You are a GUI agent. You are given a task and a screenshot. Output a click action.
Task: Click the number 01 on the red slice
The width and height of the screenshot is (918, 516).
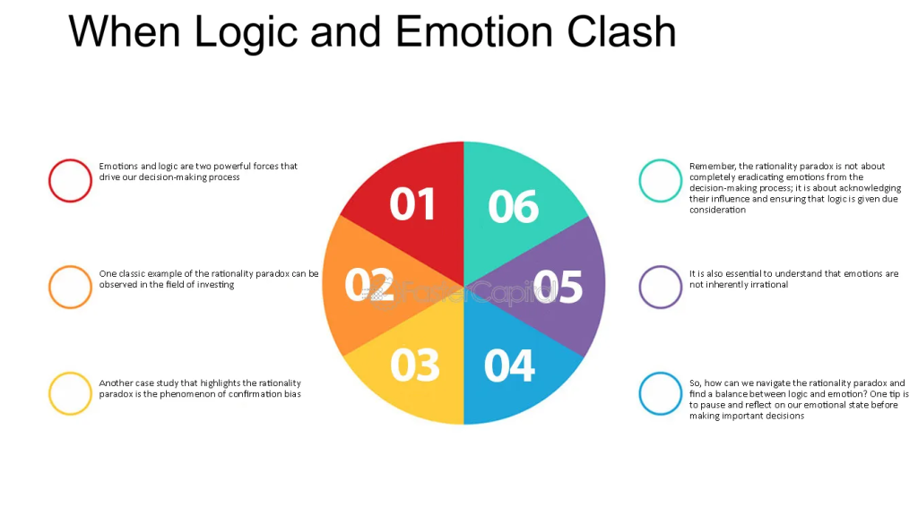click(412, 204)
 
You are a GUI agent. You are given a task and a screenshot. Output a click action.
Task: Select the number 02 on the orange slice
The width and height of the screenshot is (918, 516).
click(369, 285)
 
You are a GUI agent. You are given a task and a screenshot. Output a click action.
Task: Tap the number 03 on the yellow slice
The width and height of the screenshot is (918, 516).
click(415, 365)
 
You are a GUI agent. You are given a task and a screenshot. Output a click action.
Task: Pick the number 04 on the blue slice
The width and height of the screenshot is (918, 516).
click(509, 365)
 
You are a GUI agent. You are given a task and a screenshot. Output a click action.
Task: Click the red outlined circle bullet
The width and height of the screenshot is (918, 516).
click(70, 180)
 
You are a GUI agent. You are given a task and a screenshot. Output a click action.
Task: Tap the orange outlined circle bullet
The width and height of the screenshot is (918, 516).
click(70, 287)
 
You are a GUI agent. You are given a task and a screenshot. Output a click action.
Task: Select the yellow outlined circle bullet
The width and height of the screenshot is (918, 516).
click(70, 393)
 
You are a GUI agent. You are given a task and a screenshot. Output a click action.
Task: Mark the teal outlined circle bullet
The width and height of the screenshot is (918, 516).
click(661, 180)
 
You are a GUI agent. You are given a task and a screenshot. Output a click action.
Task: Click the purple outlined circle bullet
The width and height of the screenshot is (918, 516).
click(661, 287)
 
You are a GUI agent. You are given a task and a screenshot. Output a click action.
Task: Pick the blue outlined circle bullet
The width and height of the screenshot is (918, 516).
click(661, 393)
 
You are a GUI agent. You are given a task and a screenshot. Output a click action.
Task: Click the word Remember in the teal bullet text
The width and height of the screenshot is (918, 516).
click(713, 166)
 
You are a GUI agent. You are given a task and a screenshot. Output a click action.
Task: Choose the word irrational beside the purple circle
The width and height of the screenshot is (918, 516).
click(766, 285)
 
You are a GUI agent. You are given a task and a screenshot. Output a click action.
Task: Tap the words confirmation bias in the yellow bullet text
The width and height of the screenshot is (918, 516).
click(262, 394)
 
